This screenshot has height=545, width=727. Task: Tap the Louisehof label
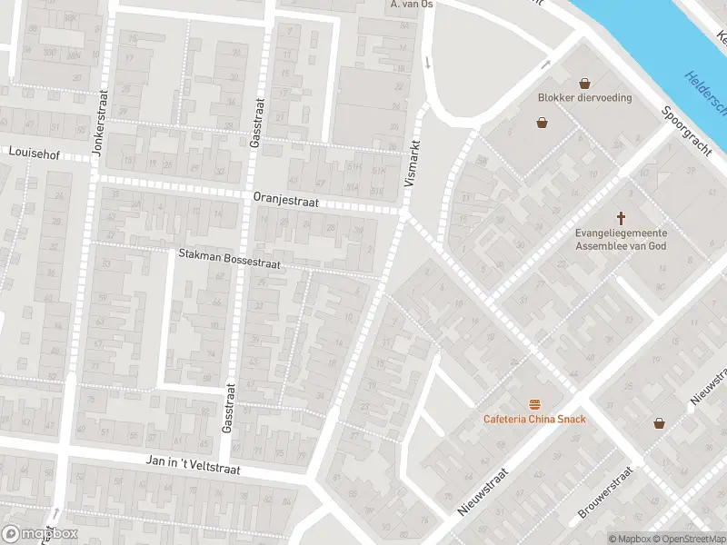34,154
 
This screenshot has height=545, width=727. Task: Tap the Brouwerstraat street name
605,493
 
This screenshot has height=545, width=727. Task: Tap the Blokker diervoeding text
583,98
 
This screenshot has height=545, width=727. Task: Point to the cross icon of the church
622,218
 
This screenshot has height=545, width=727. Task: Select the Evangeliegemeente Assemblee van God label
622,238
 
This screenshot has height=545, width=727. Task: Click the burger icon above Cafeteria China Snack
533,403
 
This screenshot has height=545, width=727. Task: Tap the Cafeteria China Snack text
533,419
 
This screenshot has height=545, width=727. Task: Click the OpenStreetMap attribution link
686,539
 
